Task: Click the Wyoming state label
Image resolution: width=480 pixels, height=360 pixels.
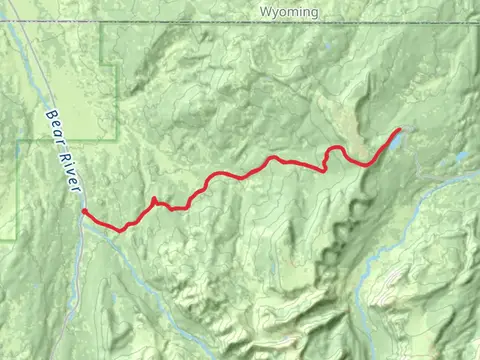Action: pyautogui.click(x=289, y=12)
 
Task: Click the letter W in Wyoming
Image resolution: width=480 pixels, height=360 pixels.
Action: pyautogui.click(x=265, y=12)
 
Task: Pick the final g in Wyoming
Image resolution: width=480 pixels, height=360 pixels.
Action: pyautogui.click(x=314, y=13)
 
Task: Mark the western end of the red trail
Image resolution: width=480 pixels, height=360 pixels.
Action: pyautogui.click(x=83, y=211)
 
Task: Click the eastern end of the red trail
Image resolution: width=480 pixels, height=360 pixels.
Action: pyautogui.click(x=401, y=129)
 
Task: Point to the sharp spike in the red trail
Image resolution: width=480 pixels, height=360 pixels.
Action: pyautogui.click(x=153, y=199)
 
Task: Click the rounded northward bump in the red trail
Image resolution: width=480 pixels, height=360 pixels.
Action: pyautogui.click(x=338, y=149)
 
